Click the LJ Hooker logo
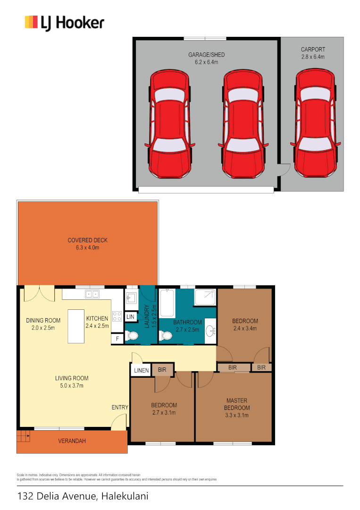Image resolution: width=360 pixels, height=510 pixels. pos(64,23)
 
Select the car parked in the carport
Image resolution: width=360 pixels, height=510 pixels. pos(316,123)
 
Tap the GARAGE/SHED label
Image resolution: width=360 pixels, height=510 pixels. pos(206,58)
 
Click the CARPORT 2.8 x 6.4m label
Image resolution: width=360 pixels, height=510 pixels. pos(313,53)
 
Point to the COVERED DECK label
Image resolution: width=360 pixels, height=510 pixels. pos(87,244)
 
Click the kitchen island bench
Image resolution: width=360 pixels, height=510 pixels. pos(76,326)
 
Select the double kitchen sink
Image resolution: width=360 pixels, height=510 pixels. pos(92,294)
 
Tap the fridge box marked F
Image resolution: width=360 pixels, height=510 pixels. pos(117,339)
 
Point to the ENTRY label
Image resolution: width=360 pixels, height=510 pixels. pos(119,407)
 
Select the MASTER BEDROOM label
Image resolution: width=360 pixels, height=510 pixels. pos(236,408)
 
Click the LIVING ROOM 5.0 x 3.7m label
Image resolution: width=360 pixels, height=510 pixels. pos(72,382)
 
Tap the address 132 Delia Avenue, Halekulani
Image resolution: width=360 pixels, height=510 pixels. pos(83,496)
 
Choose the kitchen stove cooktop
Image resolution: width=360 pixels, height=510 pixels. pos(117,316)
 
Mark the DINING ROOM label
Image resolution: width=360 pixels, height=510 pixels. pos(43,324)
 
